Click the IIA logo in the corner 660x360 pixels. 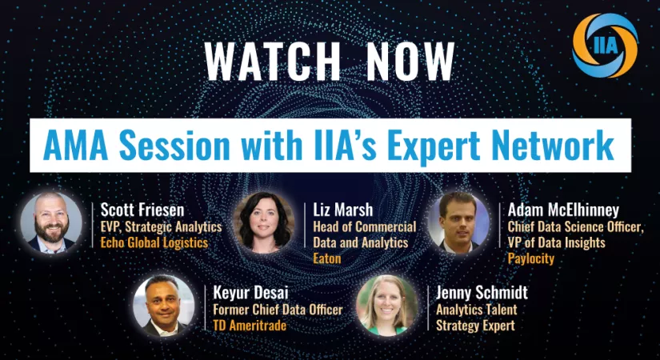(606, 46)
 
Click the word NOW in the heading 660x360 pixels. (410, 61)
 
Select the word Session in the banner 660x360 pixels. (174, 146)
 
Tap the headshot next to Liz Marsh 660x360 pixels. (264, 222)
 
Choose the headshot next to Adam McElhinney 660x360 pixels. (458, 222)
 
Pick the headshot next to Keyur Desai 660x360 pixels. (164, 306)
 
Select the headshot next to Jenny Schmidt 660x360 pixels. (387, 306)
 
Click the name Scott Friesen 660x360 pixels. (142, 210)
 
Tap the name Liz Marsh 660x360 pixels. (343, 210)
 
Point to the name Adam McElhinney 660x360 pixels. (564, 210)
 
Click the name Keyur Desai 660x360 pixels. (251, 293)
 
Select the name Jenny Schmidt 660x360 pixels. (482, 293)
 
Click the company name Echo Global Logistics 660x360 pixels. (154, 243)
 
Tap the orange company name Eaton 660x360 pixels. (327, 258)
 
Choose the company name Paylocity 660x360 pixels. (531, 258)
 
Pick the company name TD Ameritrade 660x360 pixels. (250, 325)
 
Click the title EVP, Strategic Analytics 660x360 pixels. (162, 227)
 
